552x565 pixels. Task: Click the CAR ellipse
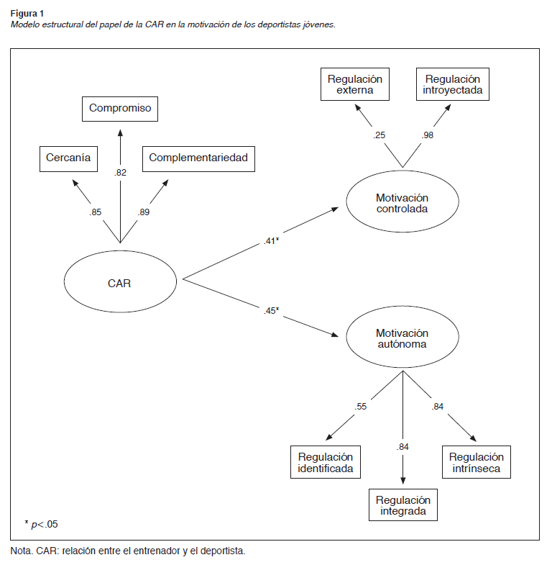click(x=120, y=282)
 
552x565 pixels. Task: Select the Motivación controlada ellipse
click(x=402, y=203)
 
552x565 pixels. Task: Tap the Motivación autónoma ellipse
click(x=402, y=338)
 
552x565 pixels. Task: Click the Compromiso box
click(x=120, y=109)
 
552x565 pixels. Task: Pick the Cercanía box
click(x=68, y=158)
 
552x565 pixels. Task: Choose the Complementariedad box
click(x=199, y=158)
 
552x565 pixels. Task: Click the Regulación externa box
click(x=355, y=84)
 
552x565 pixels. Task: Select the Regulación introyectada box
click(x=452, y=84)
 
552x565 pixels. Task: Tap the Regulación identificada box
click(x=326, y=462)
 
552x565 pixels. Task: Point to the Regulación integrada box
click(x=402, y=506)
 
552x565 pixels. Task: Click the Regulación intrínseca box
click(x=477, y=462)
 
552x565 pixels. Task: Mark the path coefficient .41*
click(x=270, y=241)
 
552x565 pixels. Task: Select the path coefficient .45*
click(x=270, y=310)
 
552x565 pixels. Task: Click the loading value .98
click(x=428, y=135)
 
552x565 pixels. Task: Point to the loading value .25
click(x=379, y=135)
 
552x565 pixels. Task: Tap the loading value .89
click(x=144, y=212)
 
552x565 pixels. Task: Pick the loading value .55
click(x=361, y=407)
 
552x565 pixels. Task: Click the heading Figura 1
click(x=25, y=13)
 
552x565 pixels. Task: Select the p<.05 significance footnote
click(x=45, y=524)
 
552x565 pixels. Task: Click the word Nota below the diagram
click(x=21, y=551)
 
